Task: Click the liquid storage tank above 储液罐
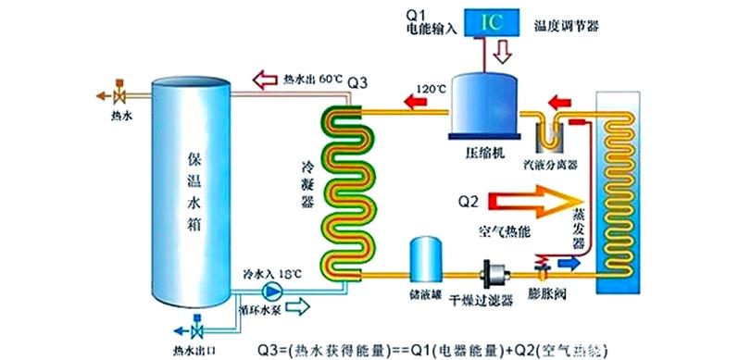pos(428,258)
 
